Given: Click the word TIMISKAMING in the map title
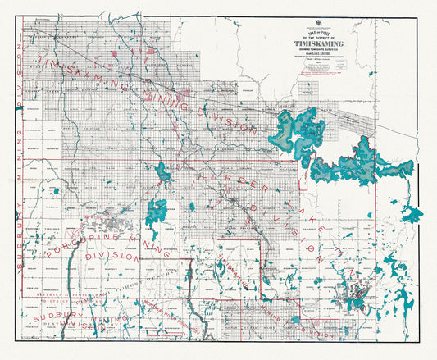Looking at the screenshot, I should [x=306, y=45].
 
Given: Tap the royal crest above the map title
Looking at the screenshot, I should [x=306, y=26].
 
